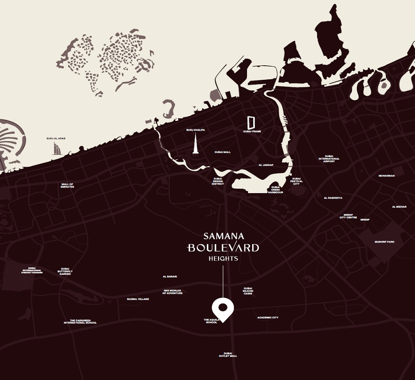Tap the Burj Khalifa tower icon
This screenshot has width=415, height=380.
[196, 143]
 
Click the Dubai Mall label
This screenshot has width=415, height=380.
[222, 152]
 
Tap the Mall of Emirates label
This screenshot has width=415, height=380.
[67, 186]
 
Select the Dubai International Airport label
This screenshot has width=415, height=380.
[329, 159]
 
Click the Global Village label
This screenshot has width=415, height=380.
[138, 299]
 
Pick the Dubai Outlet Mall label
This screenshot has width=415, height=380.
[228, 354]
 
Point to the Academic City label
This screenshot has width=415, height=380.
[268, 317]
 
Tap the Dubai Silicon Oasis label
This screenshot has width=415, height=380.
[248, 291]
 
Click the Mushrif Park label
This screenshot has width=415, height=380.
[385, 242]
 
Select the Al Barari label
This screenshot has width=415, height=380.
[170, 276]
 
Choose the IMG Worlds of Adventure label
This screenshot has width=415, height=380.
[172, 292]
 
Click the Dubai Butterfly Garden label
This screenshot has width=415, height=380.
[65, 272]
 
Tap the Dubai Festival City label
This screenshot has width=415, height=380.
[296, 181]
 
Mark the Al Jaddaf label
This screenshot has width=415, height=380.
[266, 165]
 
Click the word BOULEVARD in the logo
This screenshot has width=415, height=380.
[223, 248]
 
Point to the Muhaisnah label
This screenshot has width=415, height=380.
[386, 175]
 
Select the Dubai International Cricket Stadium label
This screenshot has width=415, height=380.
[32, 270]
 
